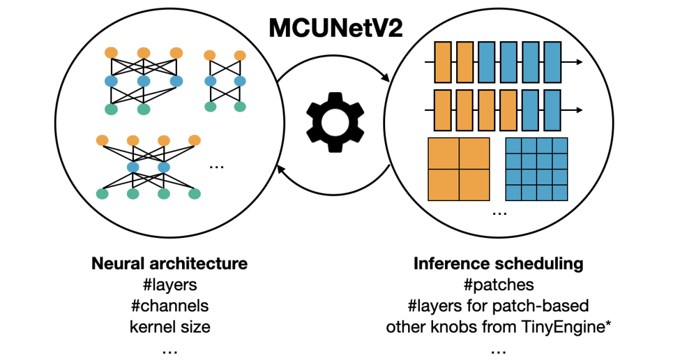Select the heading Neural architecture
169,263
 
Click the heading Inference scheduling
498,263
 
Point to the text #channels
169,306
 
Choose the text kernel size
169,326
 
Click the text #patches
498,285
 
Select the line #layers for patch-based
498,306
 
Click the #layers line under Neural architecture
169,285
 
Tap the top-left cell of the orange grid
443,153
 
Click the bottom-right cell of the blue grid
560,192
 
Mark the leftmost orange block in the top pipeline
442,62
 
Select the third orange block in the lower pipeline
487,110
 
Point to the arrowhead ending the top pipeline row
579,62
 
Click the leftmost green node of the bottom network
102,194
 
